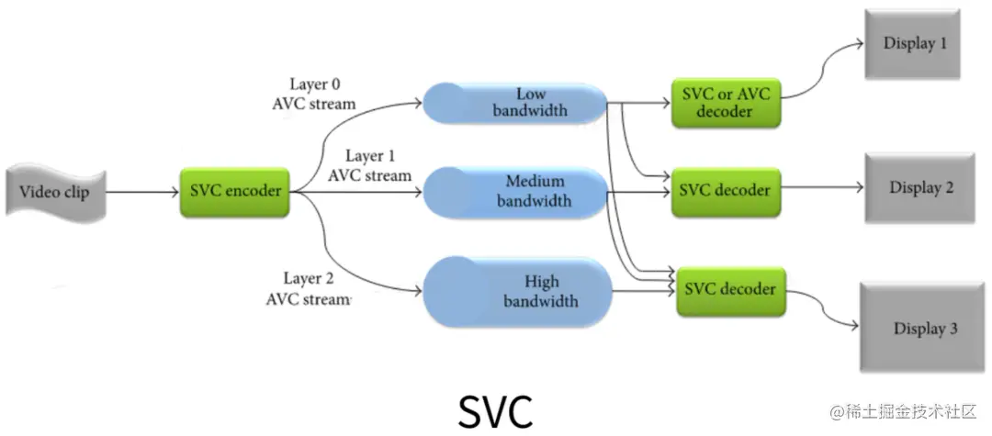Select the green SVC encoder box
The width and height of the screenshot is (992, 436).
[x=234, y=191]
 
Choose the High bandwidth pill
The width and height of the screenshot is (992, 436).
[x=516, y=291]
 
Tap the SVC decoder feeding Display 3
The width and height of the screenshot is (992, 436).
[x=730, y=291]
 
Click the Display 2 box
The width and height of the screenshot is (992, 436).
[x=920, y=188]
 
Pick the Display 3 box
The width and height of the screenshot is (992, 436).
[x=924, y=328]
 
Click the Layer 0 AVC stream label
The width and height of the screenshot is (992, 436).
[x=313, y=94]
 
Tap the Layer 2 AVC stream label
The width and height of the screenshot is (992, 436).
[x=309, y=288]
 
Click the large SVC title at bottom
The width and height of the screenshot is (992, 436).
[x=495, y=411]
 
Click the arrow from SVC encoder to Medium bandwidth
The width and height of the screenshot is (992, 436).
[x=358, y=192]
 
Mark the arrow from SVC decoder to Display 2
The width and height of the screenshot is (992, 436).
[x=822, y=188]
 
